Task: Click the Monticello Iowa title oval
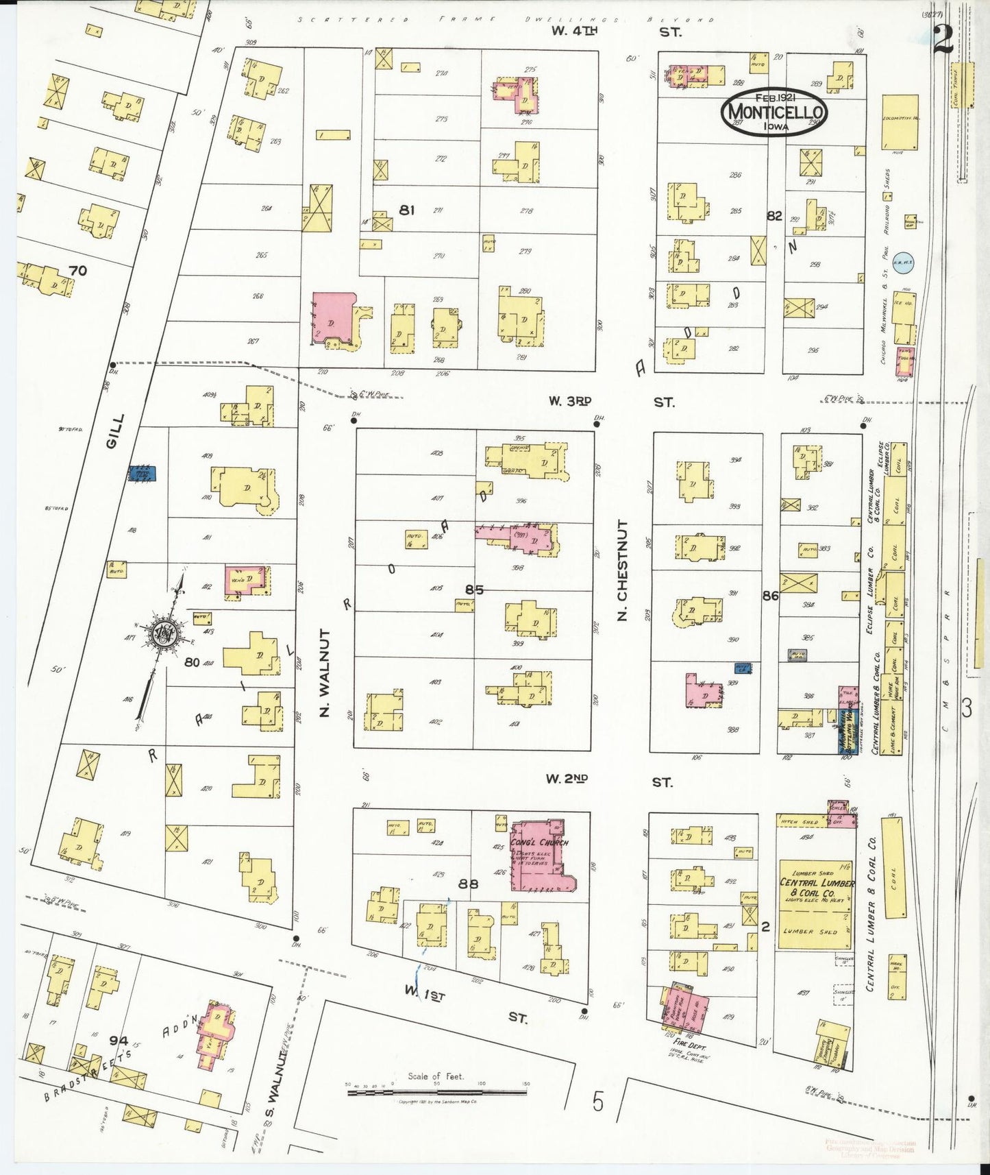[x=773, y=112]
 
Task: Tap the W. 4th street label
[x=575, y=31]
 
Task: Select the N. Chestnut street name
[x=622, y=570]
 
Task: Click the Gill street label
[x=115, y=431]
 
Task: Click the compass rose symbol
[x=165, y=633]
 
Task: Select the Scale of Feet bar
[x=437, y=1091]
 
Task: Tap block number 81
[x=407, y=210]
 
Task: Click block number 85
[x=474, y=590]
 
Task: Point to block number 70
[x=78, y=271]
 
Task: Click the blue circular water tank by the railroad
[x=902, y=261]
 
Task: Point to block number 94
[x=119, y=1041]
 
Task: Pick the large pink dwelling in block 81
[x=334, y=319]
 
